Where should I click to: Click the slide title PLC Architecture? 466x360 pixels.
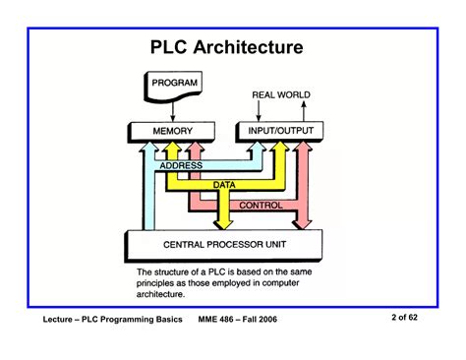pos(226,47)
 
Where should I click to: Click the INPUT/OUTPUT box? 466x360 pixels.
pos(275,130)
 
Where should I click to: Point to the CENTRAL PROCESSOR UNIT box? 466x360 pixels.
pos(226,244)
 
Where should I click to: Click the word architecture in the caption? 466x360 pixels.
pos(168,292)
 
